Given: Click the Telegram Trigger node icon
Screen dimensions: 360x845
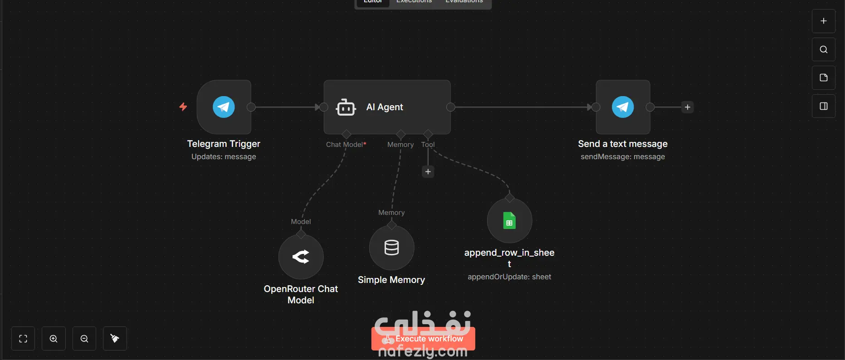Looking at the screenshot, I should tap(224, 107).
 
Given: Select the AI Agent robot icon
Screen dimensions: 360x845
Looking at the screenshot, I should tap(346, 107).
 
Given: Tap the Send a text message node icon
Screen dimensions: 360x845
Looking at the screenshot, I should tap(623, 107).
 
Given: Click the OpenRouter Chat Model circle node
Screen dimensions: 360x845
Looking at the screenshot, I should tap(301, 257).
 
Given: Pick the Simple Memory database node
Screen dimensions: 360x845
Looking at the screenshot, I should tap(391, 248).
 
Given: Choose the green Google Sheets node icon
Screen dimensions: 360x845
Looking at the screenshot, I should tap(509, 221).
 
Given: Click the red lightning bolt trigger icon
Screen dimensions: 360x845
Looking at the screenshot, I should tap(183, 107).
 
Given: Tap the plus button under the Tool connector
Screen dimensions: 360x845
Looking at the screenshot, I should tap(428, 172).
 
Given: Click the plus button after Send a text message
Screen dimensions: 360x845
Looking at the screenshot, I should tap(688, 107).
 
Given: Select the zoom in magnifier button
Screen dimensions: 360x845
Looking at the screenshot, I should tap(54, 339).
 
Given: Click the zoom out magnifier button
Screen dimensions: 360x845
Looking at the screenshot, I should tap(84, 339).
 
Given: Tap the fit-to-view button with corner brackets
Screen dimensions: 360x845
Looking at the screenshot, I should tap(23, 339).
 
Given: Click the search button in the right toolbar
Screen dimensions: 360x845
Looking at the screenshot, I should tap(824, 49).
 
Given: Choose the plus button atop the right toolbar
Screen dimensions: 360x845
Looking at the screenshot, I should tap(824, 21).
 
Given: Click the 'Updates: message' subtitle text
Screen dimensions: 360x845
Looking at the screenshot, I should tap(224, 157).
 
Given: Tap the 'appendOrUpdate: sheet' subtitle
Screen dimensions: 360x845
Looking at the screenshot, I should tap(509, 277).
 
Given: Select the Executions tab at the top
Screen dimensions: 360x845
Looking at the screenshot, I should tap(414, 2).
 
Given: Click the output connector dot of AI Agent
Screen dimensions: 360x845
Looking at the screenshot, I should tap(450, 107).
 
